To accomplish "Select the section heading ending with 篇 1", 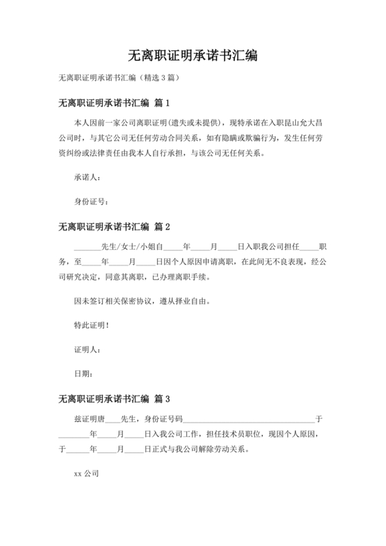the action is (x=114, y=103).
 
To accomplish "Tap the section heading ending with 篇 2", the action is (x=114, y=226).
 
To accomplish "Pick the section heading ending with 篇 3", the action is (x=114, y=398).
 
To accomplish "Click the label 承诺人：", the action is (x=87, y=177).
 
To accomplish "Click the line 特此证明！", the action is (x=92, y=325).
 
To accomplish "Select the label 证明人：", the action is (x=87, y=349).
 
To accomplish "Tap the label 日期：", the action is (x=83, y=374).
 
